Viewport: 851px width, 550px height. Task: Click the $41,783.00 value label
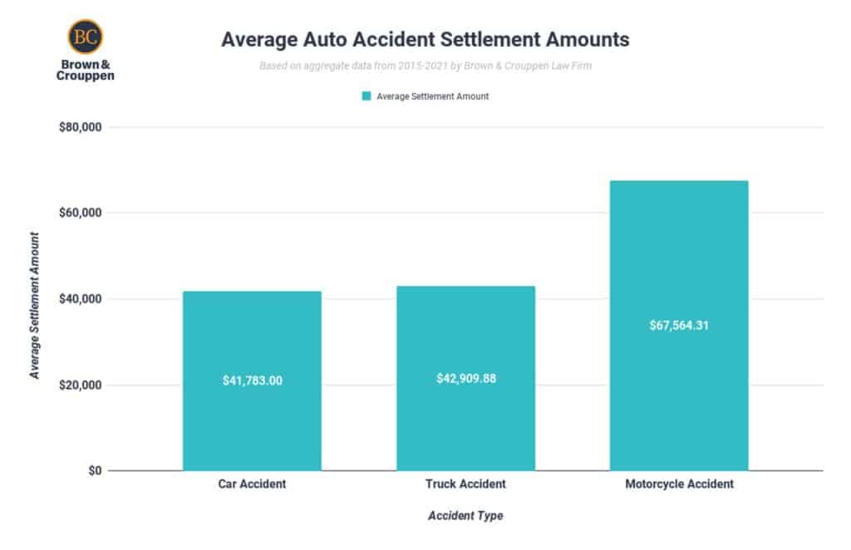click(x=252, y=381)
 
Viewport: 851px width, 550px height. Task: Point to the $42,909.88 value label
click(x=465, y=378)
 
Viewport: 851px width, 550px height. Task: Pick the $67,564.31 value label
click(x=679, y=325)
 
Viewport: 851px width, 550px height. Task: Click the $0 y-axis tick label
click(x=93, y=471)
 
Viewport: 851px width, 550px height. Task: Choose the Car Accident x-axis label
click(x=252, y=484)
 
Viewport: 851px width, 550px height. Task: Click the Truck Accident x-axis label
click(x=465, y=484)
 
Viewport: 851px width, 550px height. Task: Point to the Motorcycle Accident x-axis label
click(x=679, y=484)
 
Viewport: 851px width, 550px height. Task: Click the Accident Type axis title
click(x=465, y=516)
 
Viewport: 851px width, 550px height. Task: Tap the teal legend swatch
click(x=366, y=96)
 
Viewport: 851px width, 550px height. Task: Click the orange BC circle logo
click(x=85, y=37)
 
